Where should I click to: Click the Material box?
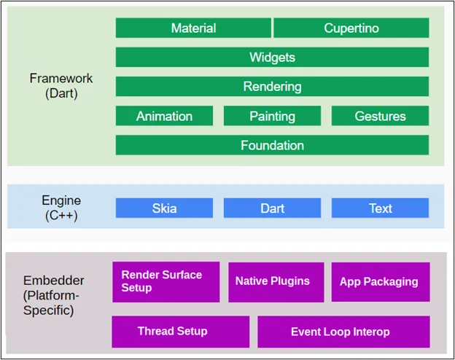coord(193,28)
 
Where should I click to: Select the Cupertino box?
coord(351,28)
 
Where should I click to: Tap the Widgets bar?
coord(272,57)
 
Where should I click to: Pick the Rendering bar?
coord(272,87)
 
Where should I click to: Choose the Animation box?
coord(164,116)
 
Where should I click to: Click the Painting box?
coord(272,116)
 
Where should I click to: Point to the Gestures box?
coord(380,116)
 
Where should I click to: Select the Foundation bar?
coord(272,145)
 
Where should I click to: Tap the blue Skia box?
coord(164,208)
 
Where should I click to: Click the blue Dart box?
coord(272,208)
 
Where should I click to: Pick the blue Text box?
coord(380,208)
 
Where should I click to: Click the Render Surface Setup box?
coord(166,282)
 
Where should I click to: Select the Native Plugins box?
coord(276,282)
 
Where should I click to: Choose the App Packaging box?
coord(381,282)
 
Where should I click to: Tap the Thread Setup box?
coord(181,332)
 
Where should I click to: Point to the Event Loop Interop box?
coord(344,332)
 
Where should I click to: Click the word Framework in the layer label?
coord(61,78)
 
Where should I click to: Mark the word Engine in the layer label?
coord(61,200)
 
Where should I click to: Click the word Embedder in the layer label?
coord(54,281)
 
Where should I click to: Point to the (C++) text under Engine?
coord(61,216)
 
